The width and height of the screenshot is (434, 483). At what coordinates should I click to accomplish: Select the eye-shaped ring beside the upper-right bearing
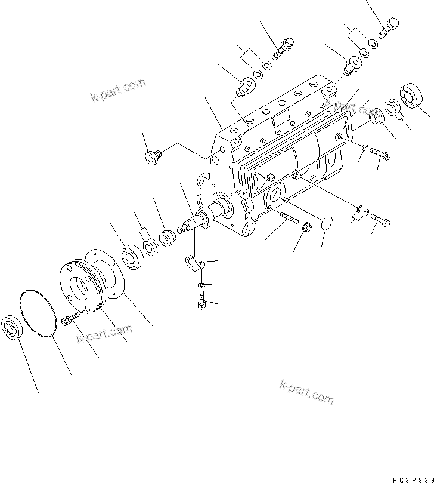394,107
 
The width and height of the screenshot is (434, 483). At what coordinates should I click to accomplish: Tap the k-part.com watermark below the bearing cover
104,336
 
